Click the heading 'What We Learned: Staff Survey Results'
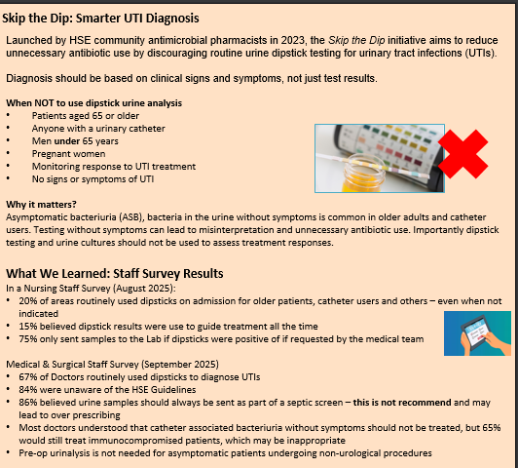(115, 273)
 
